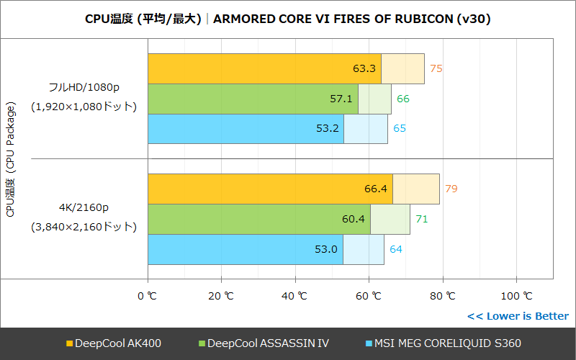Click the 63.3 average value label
(x=364, y=69)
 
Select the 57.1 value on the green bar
(x=341, y=99)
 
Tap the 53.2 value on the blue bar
(x=327, y=129)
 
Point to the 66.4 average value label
(x=376, y=189)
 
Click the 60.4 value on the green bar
(x=354, y=219)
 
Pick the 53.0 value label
(x=326, y=249)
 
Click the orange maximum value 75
(x=436, y=69)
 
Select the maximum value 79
(x=451, y=189)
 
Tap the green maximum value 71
(x=422, y=219)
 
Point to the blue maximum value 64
(x=396, y=249)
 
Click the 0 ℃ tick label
(x=147, y=296)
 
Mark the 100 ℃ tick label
(x=516, y=296)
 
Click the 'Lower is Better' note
(x=518, y=316)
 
